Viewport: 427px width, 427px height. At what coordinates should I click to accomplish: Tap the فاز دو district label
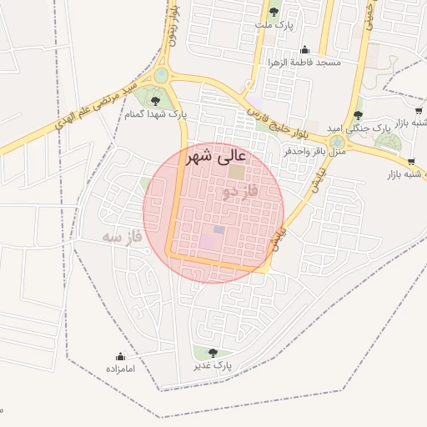tap(241, 193)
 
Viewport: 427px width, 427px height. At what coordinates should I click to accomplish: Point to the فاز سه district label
tap(123, 237)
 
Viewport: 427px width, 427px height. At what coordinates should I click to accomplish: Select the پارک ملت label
tap(274, 25)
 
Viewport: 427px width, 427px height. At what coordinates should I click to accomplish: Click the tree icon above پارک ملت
tap(274, 12)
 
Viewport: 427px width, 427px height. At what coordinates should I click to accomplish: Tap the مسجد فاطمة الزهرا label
tap(304, 63)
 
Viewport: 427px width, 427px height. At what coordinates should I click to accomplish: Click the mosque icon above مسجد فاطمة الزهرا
tap(304, 49)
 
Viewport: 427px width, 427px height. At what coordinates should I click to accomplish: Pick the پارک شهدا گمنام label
tap(156, 114)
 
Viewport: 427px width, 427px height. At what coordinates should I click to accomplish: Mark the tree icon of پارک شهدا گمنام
tap(155, 101)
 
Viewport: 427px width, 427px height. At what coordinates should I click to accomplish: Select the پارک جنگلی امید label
tap(359, 128)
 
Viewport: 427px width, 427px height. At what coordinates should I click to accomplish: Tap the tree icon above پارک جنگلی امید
tap(359, 115)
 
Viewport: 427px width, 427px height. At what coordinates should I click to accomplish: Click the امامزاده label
tap(120, 368)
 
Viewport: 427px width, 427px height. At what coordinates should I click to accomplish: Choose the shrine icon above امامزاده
tap(120, 356)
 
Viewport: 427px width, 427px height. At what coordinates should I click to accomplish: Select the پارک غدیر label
tap(213, 365)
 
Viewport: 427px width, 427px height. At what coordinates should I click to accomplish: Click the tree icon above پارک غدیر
tap(213, 353)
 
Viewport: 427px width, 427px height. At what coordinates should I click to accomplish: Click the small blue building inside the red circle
tap(219, 229)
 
